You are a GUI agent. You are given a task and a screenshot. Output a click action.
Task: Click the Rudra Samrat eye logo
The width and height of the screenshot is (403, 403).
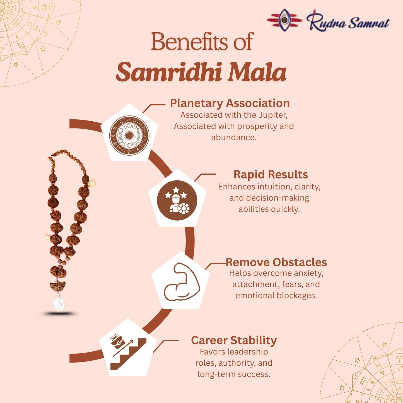point(284,20)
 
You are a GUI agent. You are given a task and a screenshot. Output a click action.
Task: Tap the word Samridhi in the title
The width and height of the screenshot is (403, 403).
point(169,72)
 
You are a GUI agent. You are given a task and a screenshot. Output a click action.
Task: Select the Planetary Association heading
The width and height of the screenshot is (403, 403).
point(230,103)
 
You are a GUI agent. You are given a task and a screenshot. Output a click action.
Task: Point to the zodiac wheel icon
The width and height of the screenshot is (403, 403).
point(129,135)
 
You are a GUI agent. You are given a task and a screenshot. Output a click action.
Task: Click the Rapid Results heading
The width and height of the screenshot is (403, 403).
point(271,175)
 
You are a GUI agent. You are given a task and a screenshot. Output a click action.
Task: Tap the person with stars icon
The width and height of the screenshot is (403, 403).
point(177,200)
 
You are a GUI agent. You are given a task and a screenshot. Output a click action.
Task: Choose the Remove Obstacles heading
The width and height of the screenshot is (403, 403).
point(276,262)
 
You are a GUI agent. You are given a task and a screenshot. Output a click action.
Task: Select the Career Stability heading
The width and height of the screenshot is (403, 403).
point(234,340)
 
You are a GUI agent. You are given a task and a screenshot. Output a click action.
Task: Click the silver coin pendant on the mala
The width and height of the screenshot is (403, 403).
point(59,304)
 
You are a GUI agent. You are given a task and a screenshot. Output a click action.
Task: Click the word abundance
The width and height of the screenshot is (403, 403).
point(233,137)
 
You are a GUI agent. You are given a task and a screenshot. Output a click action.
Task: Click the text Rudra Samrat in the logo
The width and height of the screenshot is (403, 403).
point(348,22)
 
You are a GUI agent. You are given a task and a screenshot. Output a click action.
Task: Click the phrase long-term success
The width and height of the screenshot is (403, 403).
point(234,374)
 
